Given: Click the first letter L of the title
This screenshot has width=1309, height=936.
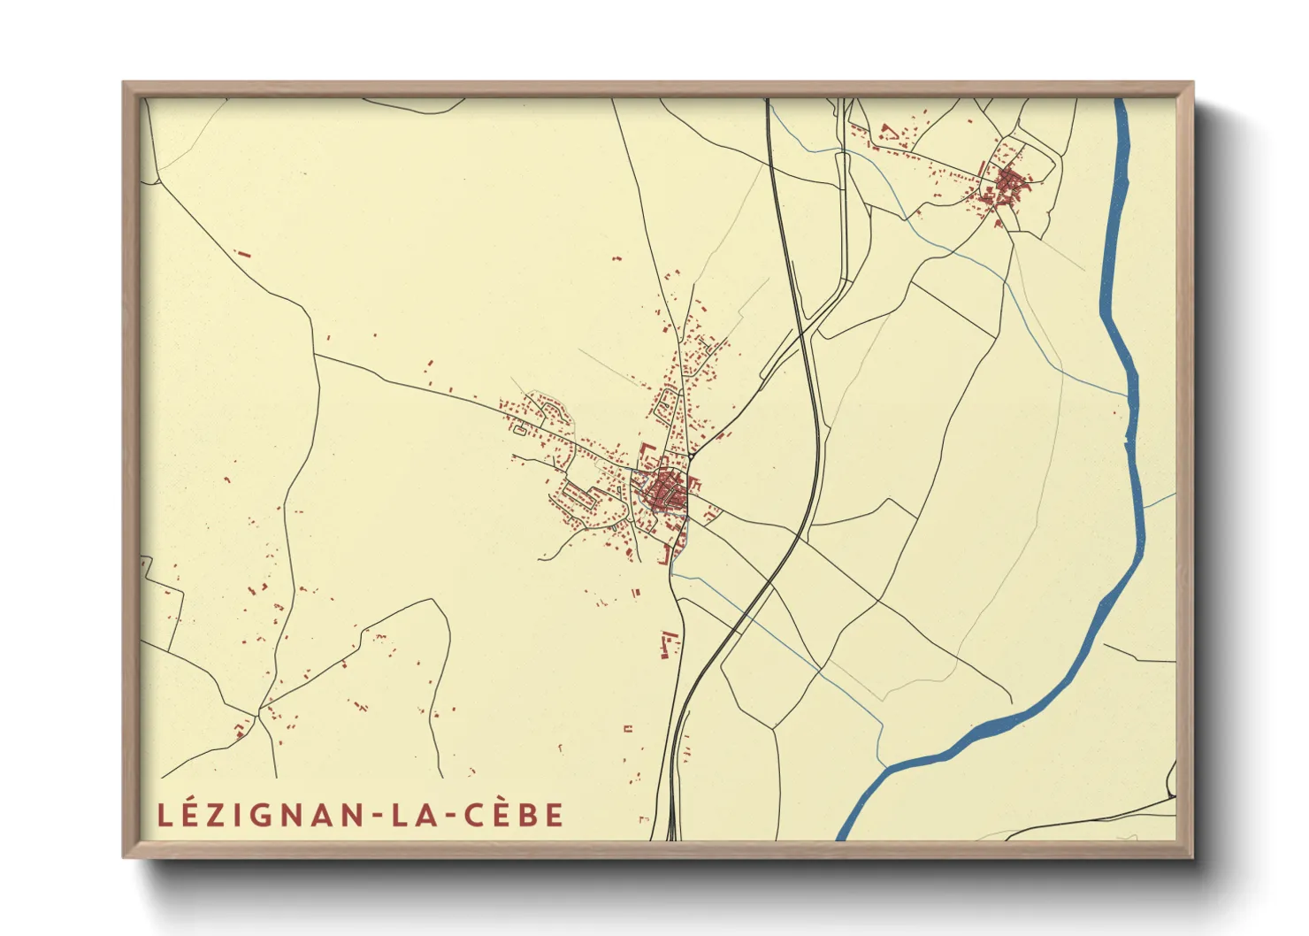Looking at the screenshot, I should pyautogui.click(x=163, y=815).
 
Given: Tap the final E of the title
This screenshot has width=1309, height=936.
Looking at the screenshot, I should pyautogui.click(x=555, y=815).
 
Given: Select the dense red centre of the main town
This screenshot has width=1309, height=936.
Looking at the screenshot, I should pyautogui.click(x=663, y=492).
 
